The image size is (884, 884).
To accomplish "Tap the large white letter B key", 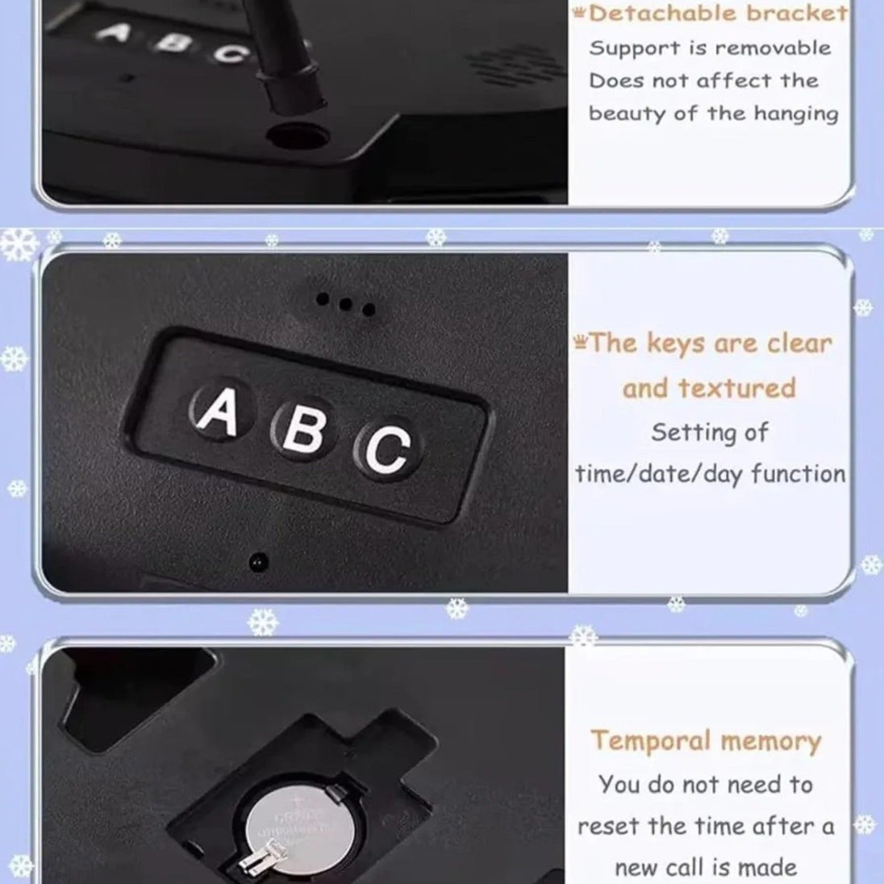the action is (x=304, y=430).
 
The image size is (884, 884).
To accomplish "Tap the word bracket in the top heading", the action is (x=797, y=14).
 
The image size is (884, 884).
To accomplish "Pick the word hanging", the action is (x=796, y=115).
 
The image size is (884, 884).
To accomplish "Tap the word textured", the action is (x=737, y=388).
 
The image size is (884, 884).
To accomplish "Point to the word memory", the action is (x=771, y=742).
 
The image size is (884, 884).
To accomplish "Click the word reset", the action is (x=611, y=827).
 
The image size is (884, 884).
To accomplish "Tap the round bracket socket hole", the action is (x=298, y=136).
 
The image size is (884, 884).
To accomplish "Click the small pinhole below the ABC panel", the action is (x=258, y=562).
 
